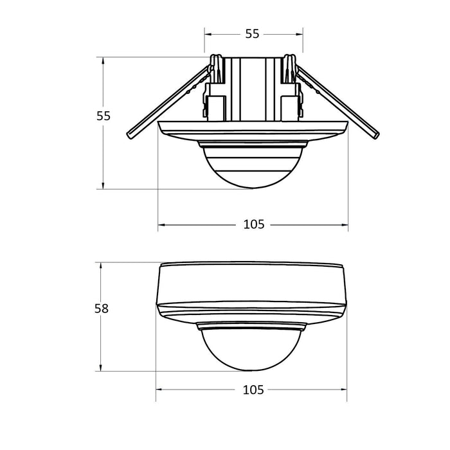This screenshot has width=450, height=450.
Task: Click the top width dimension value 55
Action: [x=252, y=34]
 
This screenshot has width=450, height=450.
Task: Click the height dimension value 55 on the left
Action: [x=104, y=116]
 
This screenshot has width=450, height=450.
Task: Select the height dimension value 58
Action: [x=102, y=309]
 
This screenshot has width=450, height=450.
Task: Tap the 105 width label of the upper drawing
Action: [x=254, y=224]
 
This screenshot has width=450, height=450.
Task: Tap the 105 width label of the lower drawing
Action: [x=253, y=390]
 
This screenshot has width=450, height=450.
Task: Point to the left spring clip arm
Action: [x=168, y=102]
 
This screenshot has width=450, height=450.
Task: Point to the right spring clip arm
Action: [x=337, y=102]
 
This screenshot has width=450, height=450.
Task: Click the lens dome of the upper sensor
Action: [x=253, y=166]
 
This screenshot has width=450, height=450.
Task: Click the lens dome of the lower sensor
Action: [x=251, y=350]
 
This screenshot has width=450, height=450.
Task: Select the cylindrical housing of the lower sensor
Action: [x=251, y=283]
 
